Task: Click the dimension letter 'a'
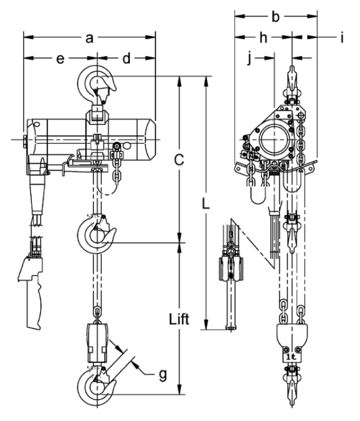pyautogui.click(x=90, y=38)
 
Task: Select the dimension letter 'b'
pyautogui.click(x=276, y=16)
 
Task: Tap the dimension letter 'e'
pyautogui.click(x=60, y=59)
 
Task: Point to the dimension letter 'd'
pyautogui.click(x=127, y=58)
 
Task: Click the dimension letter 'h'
pyautogui.click(x=263, y=38)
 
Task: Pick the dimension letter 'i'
pyautogui.click(x=342, y=38)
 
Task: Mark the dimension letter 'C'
pyautogui.click(x=179, y=159)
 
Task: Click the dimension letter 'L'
pyautogui.click(x=206, y=203)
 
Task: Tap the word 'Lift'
pyautogui.click(x=179, y=319)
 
